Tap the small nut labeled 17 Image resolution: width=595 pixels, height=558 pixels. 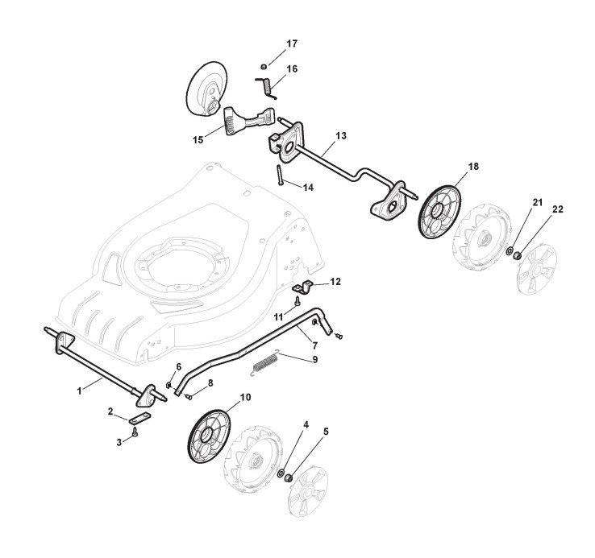click(x=264, y=65)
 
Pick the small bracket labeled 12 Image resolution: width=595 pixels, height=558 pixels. click(x=306, y=286)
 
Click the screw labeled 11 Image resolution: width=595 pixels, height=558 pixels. click(x=297, y=302)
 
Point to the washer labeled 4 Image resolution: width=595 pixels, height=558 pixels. click(x=283, y=473)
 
